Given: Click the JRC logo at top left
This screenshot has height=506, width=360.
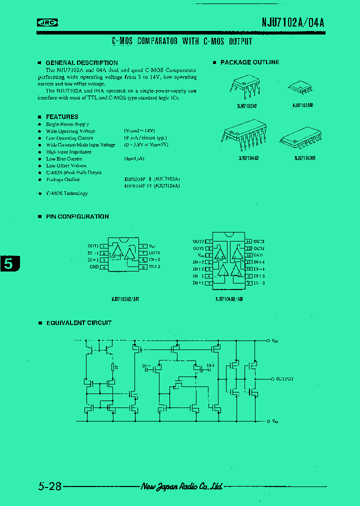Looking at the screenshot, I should point(47,22).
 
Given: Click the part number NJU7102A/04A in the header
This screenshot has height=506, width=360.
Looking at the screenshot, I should point(293,22).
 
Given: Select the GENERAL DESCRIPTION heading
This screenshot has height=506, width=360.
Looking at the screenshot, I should point(81,62).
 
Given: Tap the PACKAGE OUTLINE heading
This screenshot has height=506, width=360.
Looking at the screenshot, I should point(249,62).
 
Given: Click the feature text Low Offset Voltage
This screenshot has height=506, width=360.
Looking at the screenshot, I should point(66,165).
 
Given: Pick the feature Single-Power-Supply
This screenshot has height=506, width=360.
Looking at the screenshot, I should point(67,124).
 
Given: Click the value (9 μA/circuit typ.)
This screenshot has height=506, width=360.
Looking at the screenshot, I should point(145,137).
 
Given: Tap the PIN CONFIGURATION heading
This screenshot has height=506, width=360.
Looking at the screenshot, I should point(77,216).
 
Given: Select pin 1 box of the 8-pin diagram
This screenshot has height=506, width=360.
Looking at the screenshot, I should point(103,246).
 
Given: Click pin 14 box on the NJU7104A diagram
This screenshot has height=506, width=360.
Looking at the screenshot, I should point(248,241).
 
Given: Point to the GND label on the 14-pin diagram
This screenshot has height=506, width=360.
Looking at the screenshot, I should point(258,255).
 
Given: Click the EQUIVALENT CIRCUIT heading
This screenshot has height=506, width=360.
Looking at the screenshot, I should point(78,323).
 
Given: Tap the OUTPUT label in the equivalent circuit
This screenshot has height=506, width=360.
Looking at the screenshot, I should point(284,379).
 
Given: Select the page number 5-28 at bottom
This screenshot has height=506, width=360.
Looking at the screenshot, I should point(49,486).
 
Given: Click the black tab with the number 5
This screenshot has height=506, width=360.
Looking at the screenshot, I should point(9,263).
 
